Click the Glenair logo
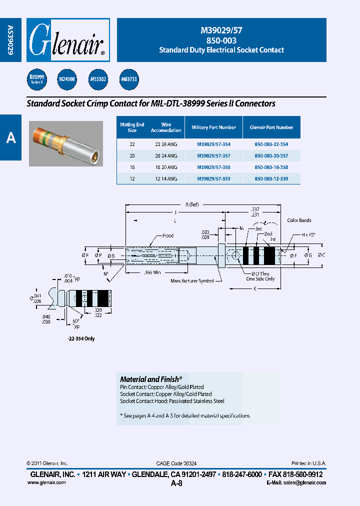[x=68, y=40]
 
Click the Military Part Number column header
[x=213, y=127]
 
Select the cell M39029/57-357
[x=213, y=155]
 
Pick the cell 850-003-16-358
[x=271, y=167]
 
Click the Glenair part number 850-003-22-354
[x=271, y=144]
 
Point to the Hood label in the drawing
[x=168, y=235]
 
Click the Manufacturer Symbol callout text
[x=192, y=281]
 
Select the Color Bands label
[x=299, y=220]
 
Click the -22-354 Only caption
[x=80, y=338]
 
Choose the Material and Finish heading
[x=151, y=379]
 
